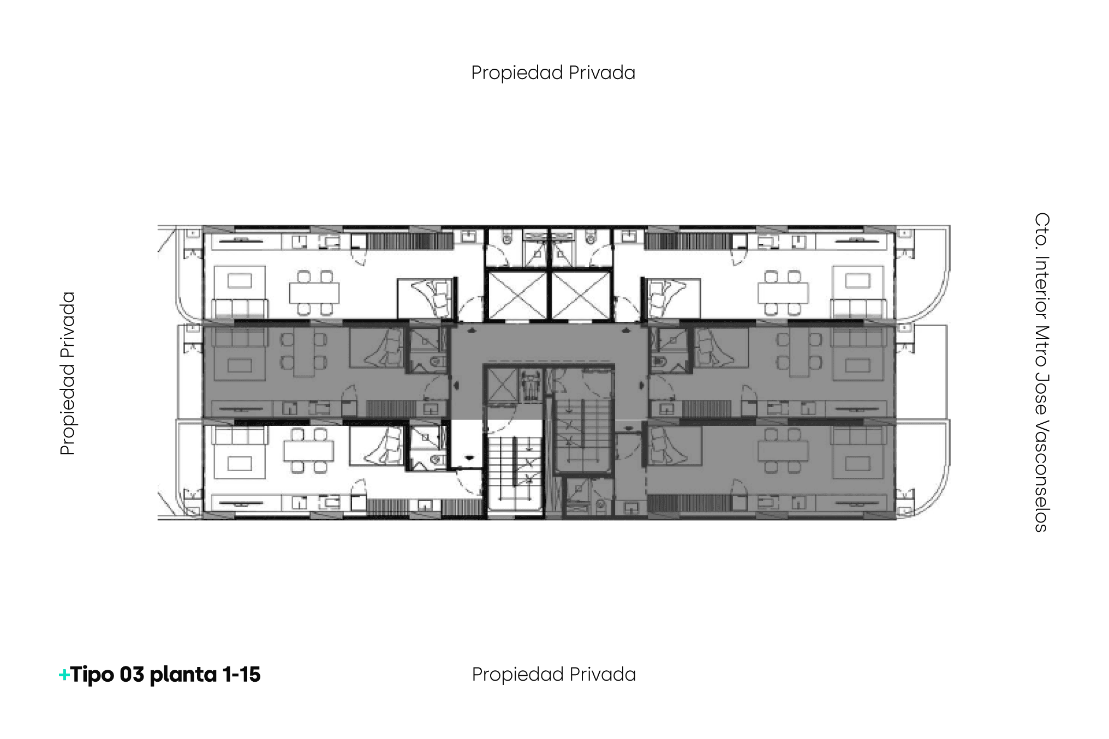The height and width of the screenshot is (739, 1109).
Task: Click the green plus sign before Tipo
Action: pos(64,675)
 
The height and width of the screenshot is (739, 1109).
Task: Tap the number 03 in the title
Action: pos(132,675)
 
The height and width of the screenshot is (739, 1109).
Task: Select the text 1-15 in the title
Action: pos(241,675)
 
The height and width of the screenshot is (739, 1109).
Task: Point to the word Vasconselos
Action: pos(1041,476)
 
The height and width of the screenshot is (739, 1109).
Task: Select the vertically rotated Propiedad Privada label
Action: pos(68,373)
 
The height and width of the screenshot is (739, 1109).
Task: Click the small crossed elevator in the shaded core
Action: pos(502,384)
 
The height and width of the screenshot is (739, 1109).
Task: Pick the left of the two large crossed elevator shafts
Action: pos(516,295)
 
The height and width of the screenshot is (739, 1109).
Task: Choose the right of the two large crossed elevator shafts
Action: pos(581,295)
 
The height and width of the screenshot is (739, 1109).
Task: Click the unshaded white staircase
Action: pos(514,469)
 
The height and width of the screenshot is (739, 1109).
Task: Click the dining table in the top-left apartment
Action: pos(314,293)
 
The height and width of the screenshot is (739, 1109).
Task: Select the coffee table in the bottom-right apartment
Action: pos(857,464)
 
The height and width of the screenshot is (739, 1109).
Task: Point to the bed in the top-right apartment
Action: pos(671,298)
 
